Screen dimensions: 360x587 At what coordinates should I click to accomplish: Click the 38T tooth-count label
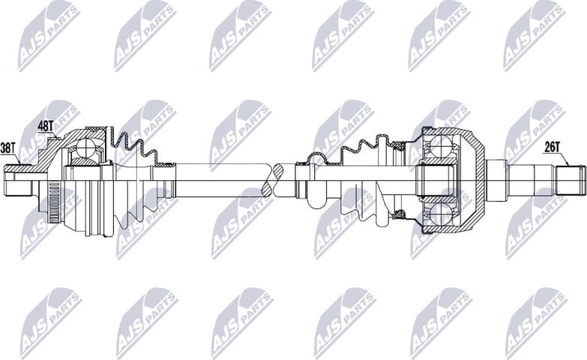point(9,148)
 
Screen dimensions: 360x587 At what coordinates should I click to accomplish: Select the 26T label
point(553,147)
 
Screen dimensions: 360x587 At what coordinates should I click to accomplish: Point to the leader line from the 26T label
point(563,158)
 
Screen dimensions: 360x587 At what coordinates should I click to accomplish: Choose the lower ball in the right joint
point(439,215)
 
